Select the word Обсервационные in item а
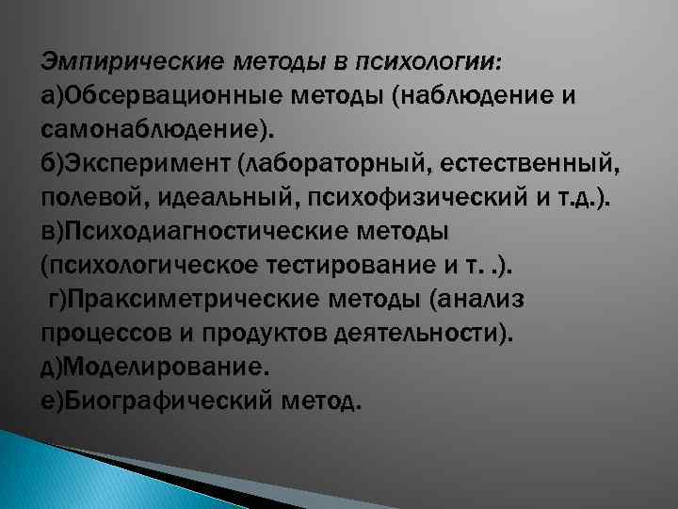[x=167, y=94]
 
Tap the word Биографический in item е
[x=166, y=402]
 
